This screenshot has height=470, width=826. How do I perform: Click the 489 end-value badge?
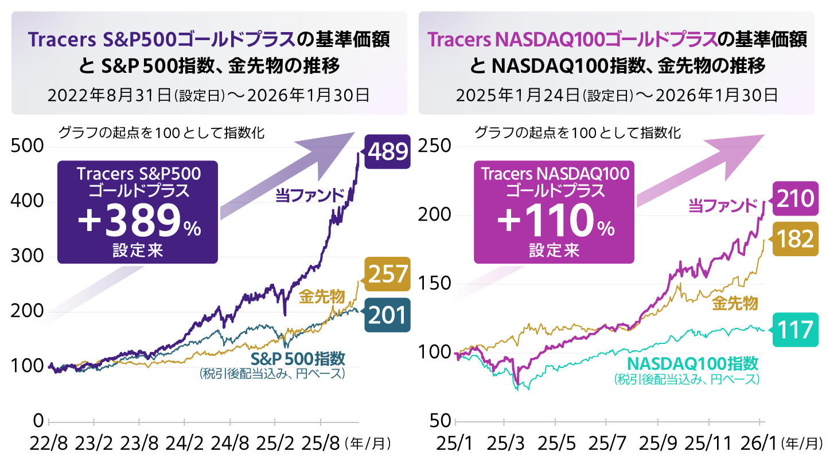tap(388, 152)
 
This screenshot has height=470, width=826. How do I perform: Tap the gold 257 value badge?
tap(388, 275)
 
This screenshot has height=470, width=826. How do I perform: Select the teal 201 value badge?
tap(388, 315)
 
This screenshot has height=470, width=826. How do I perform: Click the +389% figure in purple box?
tap(138, 222)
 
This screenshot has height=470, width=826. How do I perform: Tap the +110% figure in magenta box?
tap(554, 222)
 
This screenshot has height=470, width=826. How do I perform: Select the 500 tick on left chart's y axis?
tap(28, 147)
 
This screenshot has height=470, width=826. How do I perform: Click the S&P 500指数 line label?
tap(298, 359)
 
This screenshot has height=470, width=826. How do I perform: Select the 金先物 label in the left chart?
tap(322, 296)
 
